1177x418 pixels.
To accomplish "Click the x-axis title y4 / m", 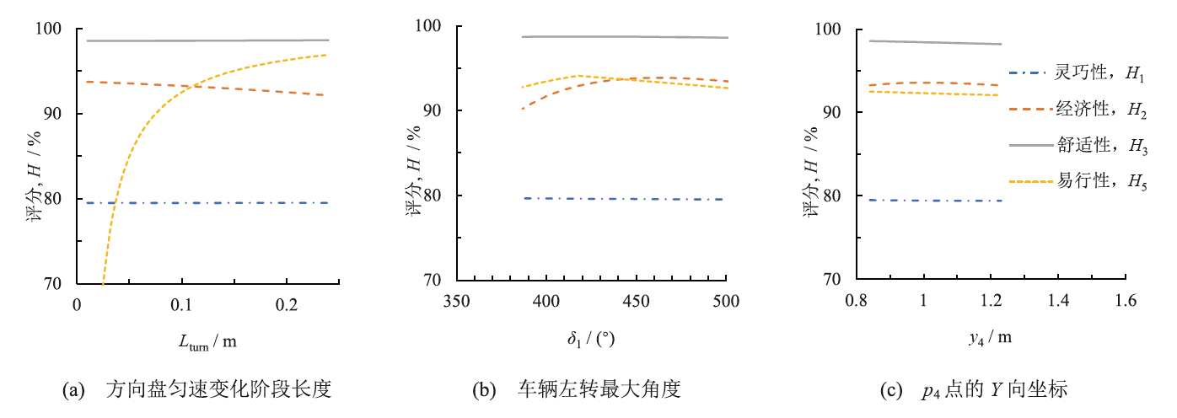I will point(990,339).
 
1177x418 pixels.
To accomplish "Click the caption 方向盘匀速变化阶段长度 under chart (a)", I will point(218,390).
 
